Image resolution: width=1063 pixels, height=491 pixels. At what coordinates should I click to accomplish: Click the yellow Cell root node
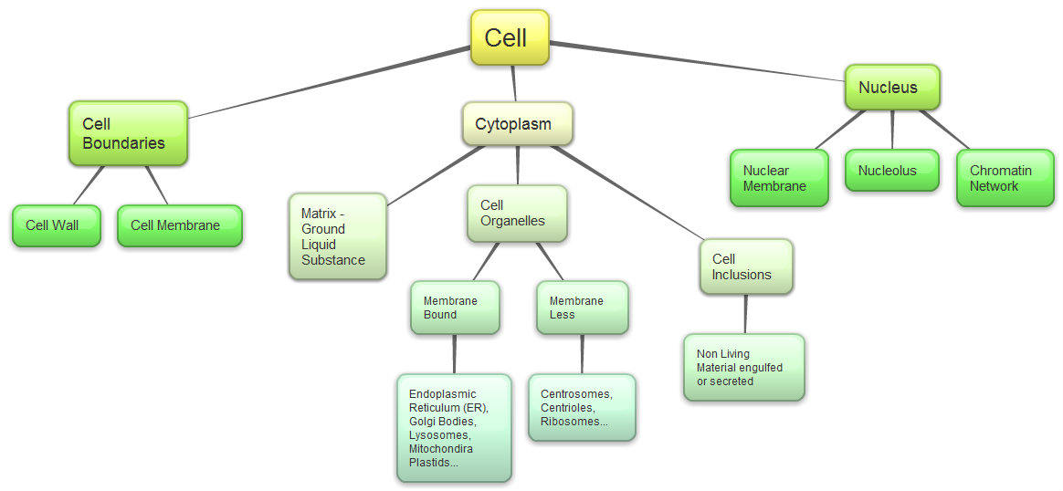tap(510, 37)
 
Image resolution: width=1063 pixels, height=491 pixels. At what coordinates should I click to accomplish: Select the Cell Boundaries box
tap(128, 133)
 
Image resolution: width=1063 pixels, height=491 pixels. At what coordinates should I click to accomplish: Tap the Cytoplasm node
tap(518, 124)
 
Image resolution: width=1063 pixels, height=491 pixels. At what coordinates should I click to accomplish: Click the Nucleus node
tap(891, 88)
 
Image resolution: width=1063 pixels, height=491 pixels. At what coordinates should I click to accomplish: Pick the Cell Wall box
tap(57, 225)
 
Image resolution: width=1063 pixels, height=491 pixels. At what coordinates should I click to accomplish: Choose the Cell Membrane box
tap(179, 225)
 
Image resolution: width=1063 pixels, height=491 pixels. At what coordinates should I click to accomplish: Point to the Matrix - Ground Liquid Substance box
tap(337, 236)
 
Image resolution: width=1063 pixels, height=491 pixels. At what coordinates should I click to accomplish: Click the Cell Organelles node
tap(517, 214)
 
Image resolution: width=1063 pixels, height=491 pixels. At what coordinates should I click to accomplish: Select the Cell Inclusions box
tap(746, 266)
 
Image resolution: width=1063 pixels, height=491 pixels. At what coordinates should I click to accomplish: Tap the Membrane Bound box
tap(455, 308)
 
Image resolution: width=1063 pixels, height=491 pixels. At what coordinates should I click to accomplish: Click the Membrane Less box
tap(583, 308)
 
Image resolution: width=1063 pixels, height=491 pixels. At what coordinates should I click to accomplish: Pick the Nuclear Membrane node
tap(779, 178)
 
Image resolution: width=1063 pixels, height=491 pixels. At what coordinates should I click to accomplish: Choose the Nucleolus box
tap(891, 171)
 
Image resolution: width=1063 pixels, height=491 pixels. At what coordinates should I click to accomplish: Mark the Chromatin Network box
tap(1005, 178)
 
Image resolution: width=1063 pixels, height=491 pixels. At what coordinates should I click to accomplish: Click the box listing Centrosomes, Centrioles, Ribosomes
tap(582, 408)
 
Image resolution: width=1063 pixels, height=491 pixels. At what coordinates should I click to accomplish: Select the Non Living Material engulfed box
tap(743, 367)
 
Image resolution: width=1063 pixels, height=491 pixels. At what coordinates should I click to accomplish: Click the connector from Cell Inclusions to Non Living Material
tap(746, 314)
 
